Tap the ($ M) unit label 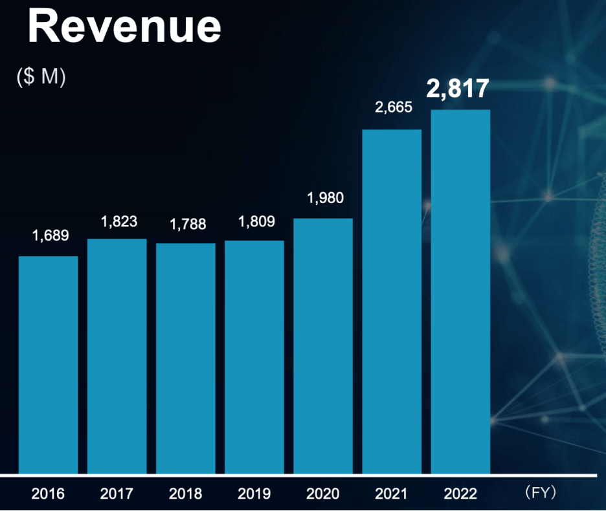click(x=41, y=76)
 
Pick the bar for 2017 click(x=117, y=356)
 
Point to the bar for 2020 click(x=323, y=345)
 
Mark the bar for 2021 click(x=392, y=301)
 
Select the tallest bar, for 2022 click(x=460, y=291)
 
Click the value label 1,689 click(x=50, y=235)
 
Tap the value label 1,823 click(x=119, y=222)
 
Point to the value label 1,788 click(x=188, y=224)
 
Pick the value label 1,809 click(x=257, y=222)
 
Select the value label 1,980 click(x=325, y=198)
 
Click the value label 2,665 click(x=394, y=107)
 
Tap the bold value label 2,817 click(x=457, y=89)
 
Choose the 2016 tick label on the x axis click(x=48, y=494)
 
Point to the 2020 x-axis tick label click(x=323, y=494)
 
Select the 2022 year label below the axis click(x=460, y=494)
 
